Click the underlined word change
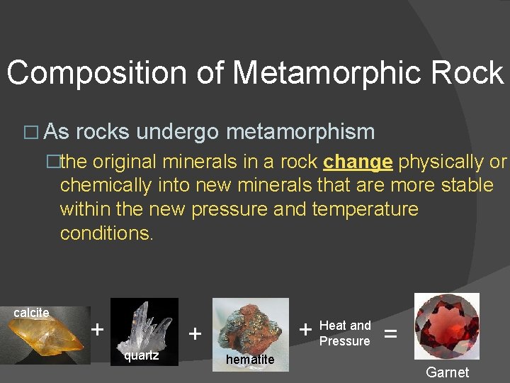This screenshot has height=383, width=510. pyautogui.click(x=358, y=162)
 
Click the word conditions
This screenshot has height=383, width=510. pyautogui.click(x=106, y=233)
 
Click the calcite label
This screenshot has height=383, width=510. pyautogui.click(x=31, y=313)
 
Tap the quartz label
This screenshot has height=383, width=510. pyautogui.click(x=141, y=355)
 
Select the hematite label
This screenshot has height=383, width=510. pyautogui.click(x=249, y=360)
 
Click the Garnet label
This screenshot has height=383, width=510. pyautogui.click(x=447, y=372)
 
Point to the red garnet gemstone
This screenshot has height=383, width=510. pyautogui.click(x=446, y=326)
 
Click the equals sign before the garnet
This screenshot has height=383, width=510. pyautogui.click(x=390, y=332)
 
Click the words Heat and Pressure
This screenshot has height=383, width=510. pyautogui.click(x=345, y=333)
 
